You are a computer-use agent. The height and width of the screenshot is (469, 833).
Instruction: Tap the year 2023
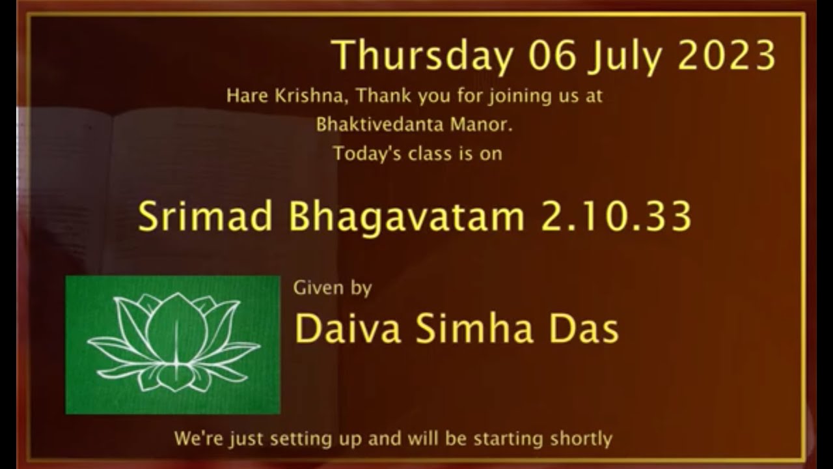coord(727,56)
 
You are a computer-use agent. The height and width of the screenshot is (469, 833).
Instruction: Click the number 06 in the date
coord(553,56)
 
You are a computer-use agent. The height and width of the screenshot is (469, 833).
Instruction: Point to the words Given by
coord(333,287)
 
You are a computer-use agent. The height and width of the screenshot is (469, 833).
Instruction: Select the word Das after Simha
coord(583,329)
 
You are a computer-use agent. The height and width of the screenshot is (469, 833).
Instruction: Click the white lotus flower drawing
coord(173,344)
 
